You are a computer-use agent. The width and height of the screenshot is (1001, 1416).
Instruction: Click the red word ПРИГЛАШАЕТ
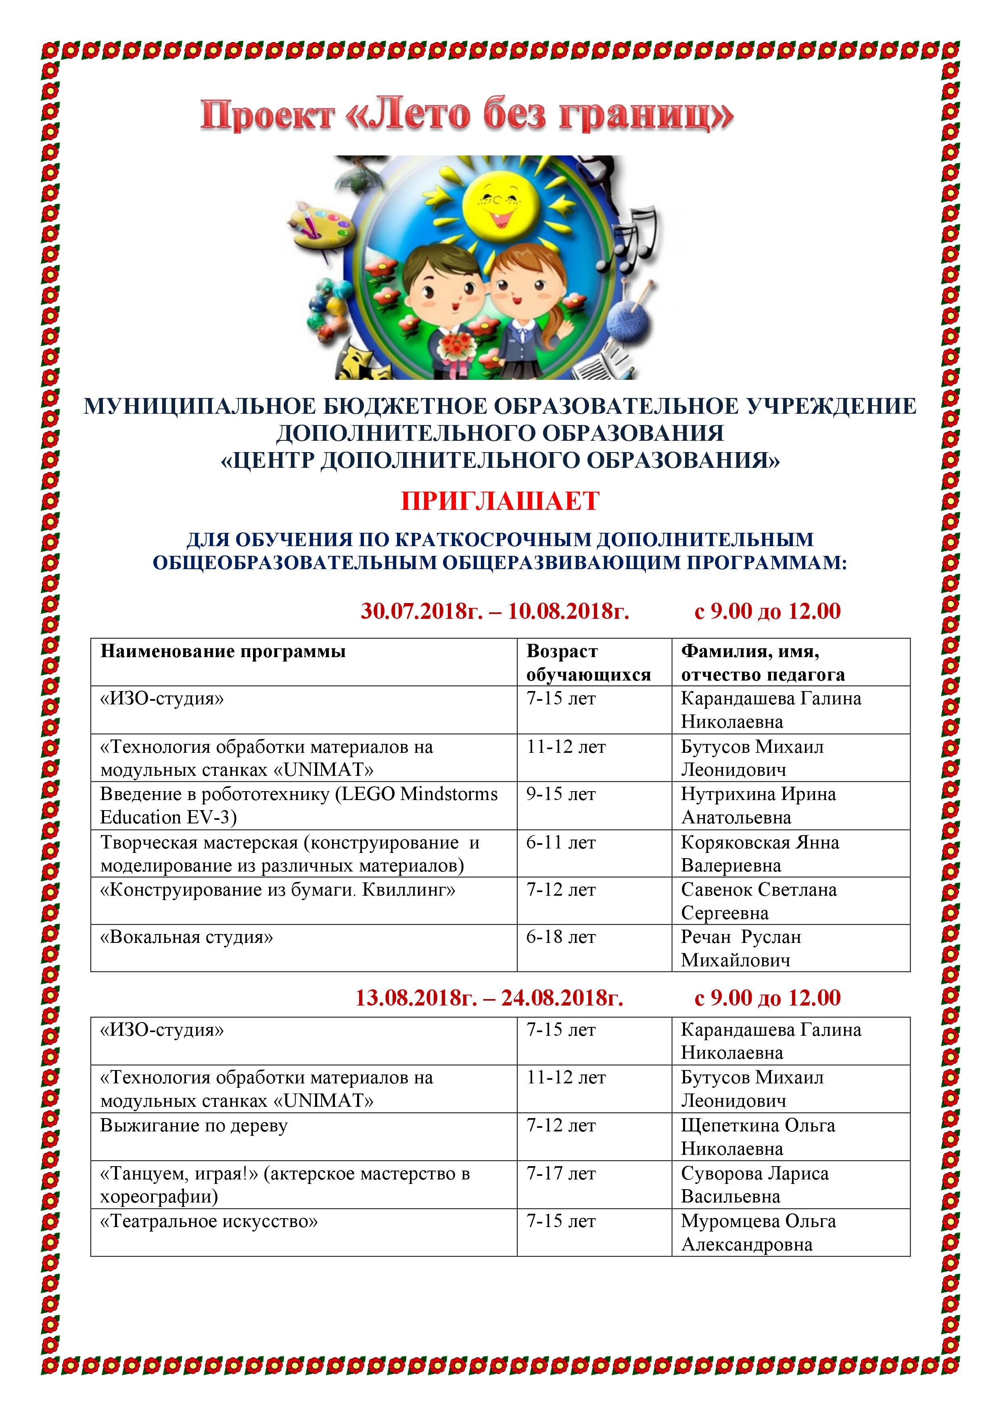pos(500,501)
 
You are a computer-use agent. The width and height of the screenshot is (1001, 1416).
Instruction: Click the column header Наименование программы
pos(223,652)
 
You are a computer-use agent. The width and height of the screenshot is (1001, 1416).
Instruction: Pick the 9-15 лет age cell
pos(561,794)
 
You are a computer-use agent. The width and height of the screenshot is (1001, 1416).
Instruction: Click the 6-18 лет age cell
pos(561,937)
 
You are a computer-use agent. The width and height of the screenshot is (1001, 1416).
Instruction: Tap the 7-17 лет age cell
pos(561,1174)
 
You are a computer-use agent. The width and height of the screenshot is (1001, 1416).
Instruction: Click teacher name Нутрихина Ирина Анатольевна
pos(758,805)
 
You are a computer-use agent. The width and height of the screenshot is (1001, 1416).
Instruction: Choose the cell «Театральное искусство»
pos(209,1222)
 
